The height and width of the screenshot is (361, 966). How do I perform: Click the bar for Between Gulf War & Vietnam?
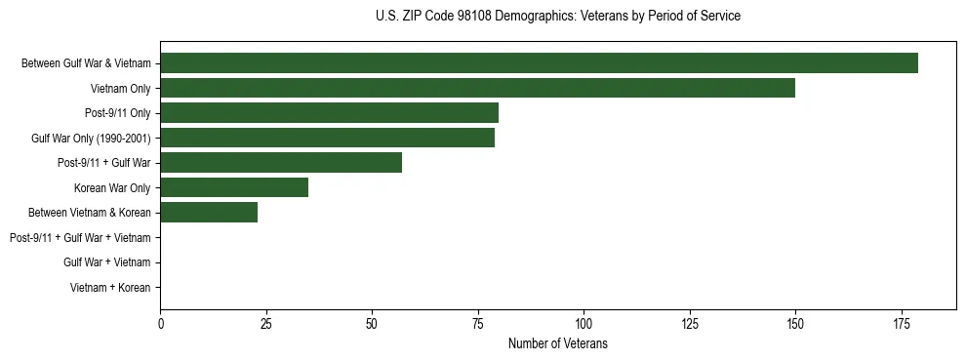pyautogui.click(x=539, y=63)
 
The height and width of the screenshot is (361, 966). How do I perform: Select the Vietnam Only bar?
pyautogui.click(x=477, y=88)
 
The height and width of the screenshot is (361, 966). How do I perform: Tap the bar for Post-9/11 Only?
pyautogui.click(x=329, y=113)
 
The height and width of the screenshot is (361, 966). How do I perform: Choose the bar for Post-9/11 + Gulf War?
pyautogui.click(x=281, y=163)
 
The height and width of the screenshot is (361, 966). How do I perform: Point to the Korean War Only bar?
pyautogui.click(x=234, y=187)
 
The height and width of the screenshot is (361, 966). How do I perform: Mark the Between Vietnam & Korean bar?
pyautogui.click(x=209, y=213)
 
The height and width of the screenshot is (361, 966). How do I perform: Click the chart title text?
pyautogui.click(x=557, y=17)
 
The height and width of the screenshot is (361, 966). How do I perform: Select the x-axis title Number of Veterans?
pyautogui.click(x=557, y=343)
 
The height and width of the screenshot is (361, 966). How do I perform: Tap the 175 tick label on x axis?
pyautogui.click(x=901, y=323)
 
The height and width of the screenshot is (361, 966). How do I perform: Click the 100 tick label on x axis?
pyautogui.click(x=584, y=323)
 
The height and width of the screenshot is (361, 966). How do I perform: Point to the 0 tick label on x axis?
pyautogui.click(x=161, y=323)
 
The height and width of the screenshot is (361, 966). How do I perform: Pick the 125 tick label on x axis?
pyautogui.click(x=689, y=323)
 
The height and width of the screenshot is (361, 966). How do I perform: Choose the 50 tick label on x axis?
pyautogui.click(x=372, y=323)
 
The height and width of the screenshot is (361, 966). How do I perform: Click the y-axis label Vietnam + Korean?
pyautogui.click(x=110, y=288)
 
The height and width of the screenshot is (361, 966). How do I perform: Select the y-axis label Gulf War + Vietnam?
pyautogui.click(x=106, y=262)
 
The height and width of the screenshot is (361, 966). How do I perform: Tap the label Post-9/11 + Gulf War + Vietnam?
pyautogui.click(x=80, y=238)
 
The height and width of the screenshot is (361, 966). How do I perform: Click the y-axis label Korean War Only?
pyautogui.click(x=111, y=188)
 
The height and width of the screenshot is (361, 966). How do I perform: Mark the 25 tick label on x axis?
pyautogui.click(x=266, y=323)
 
